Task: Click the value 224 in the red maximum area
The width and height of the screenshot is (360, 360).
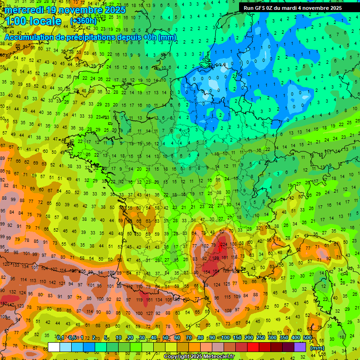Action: (x=224, y=244)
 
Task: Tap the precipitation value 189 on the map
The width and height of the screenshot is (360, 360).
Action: (x=216, y=258)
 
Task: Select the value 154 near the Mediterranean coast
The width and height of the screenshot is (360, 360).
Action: (x=206, y=272)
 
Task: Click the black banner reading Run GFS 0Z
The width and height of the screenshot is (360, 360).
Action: (x=292, y=7)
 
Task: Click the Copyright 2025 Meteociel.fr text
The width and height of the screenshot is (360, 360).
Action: (x=199, y=357)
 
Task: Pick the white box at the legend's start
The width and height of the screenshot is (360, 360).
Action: (x=54, y=347)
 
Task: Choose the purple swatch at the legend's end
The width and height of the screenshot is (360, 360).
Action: (x=300, y=347)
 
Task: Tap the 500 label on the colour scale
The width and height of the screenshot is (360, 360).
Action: (x=307, y=338)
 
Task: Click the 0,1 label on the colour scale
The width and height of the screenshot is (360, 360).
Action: (x=60, y=338)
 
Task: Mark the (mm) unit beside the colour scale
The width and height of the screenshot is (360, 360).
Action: (x=317, y=348)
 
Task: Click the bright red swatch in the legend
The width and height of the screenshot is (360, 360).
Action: (x=253, y=347)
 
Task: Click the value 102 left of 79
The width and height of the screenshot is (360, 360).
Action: (x=205, y=245)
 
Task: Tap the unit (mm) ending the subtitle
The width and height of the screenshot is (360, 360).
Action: (x=167, y=37)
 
